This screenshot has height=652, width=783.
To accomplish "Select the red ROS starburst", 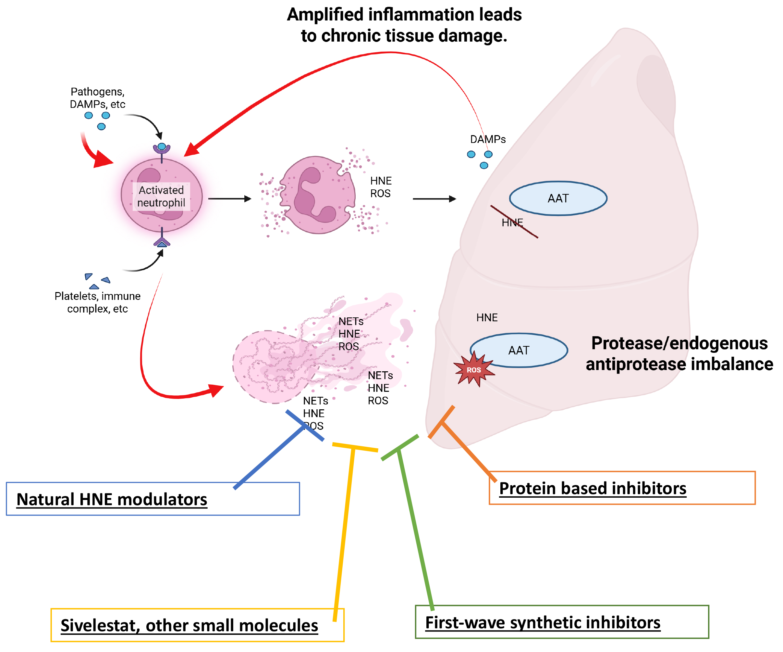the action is (474, 369).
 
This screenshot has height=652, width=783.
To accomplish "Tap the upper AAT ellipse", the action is (558, 198).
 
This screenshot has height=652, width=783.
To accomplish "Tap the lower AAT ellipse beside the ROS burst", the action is (519, 350).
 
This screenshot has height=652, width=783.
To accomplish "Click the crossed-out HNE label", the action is (513, 223).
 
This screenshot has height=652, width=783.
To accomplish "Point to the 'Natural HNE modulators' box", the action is (153, 499).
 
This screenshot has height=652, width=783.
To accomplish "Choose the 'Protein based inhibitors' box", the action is (622, 488).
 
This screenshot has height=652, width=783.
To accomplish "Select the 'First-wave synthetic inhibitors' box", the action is (562, 622).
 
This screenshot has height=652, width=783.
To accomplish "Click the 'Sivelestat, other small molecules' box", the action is (197, 625).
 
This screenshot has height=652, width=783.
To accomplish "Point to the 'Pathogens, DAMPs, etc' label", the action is (98, 98).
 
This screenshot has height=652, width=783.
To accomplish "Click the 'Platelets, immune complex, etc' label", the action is (98, 302).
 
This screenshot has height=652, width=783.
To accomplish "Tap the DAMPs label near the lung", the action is (488, 139).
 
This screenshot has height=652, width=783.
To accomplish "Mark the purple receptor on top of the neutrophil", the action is (162, 149).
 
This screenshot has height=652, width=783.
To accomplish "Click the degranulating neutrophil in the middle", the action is (318, 195).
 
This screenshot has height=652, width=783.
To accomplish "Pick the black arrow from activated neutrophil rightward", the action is (230, 198).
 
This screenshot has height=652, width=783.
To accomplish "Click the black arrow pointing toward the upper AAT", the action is (435, 199).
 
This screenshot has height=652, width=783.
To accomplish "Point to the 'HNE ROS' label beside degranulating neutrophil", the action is (381, 187).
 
